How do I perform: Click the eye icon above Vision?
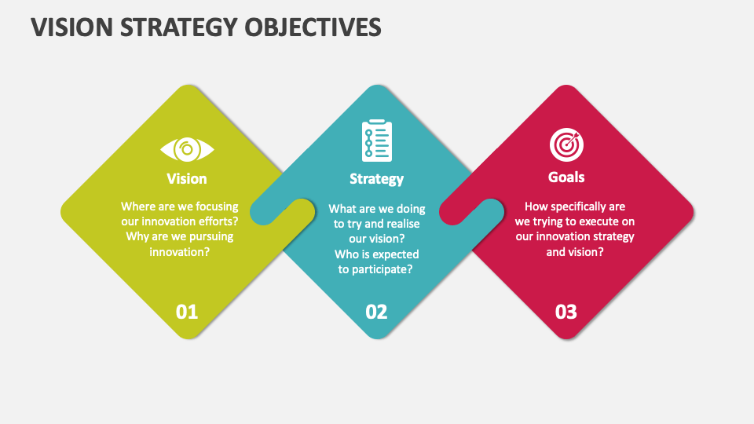[x=187, y=148]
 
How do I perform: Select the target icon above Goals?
[x=566, y=144]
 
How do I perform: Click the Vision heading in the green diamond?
[x=187, y=178]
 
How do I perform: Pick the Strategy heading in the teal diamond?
[x=377, y=179]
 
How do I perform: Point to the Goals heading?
[x=566, y=177]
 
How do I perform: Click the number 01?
[x=187, y=312]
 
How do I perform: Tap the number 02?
[x=377, y=312]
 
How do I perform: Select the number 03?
[x=566, y=312]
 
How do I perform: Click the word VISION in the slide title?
[x=68, y=27]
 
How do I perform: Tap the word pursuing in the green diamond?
[x=206, y=236]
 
